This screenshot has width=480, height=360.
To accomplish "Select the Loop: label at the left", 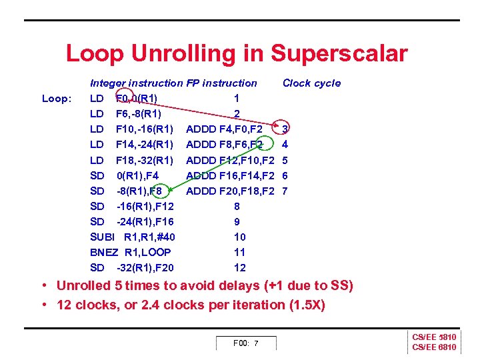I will click(x=57, y=99).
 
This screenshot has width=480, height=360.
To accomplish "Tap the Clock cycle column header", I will click(x=311, y=83).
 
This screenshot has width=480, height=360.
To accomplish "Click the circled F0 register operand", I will click(x=123, y=99).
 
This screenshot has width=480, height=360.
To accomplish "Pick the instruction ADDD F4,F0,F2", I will click(x=224, y=129).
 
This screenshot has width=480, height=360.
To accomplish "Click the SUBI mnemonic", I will click(x=103, y=237).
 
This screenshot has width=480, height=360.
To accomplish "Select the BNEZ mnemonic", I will click(x=104, y=252).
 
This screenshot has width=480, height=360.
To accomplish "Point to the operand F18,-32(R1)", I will click(x=145, y=160).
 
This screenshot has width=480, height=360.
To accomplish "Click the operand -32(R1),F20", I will click(x=145, y=268).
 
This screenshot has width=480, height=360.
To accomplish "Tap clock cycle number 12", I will click(x=239, y=268).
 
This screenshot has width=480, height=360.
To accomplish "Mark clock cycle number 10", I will click(x=239, y=237).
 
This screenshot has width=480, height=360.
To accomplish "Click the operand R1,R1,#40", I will click(x=149, y=237).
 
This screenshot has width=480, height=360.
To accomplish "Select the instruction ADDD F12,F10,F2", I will click(x=231, y=160).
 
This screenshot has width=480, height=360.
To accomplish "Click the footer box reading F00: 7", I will click(x=245, y=343).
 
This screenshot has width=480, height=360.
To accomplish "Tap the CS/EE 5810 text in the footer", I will click(x=434, y=338).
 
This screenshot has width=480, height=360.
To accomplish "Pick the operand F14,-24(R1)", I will click(x=145, y=144).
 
